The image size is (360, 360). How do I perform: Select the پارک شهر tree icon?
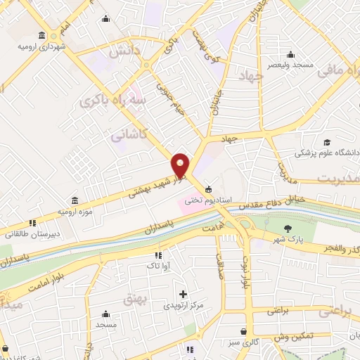coord(288,228)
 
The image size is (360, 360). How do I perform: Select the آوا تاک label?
coord(157,266)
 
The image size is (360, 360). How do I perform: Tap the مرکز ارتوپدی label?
coord(183,306)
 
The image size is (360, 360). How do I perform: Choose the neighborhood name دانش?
coord(122,51)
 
